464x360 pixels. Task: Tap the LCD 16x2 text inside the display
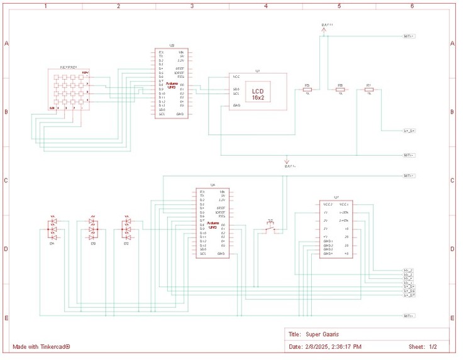pyautogui.click(x=258, y=95)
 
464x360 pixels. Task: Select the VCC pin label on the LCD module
pyautogui.click(x=236, y=77)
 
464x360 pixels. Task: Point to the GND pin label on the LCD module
pyautogui.click(x=236, y=106)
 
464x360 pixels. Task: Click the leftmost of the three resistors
pyautogui.click(x=307, y=90)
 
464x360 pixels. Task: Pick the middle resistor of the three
pyautogui.click(x=340, y=90)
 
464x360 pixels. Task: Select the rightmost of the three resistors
pyautogui.click(x=369, y=90)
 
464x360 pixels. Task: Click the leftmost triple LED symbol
pyautogui.click(x=53, y=229)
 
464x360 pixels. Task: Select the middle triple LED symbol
pyautogui.click(x=93, y=229)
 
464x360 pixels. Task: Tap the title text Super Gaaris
pyautogui.click(x=322, y=334)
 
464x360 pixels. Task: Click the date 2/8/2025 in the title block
pyautogui.click(x=320, y=347)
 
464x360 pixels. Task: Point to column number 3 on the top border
pyautogui.click(x=192, y=6)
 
